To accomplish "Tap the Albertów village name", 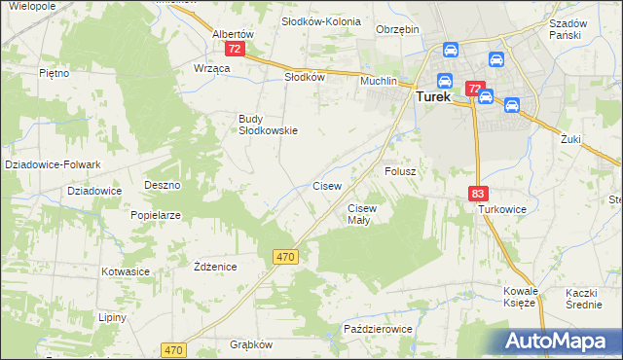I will click(233, 33).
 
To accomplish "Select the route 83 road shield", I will click(477, 195).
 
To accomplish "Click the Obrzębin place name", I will click(397, 29).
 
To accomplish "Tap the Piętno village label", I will click(53, 73).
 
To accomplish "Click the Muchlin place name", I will click(380, 81).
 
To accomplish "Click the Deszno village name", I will click(163, 184).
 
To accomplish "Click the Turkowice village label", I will click(501, 209).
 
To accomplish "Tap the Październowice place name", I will click(378, 330).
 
